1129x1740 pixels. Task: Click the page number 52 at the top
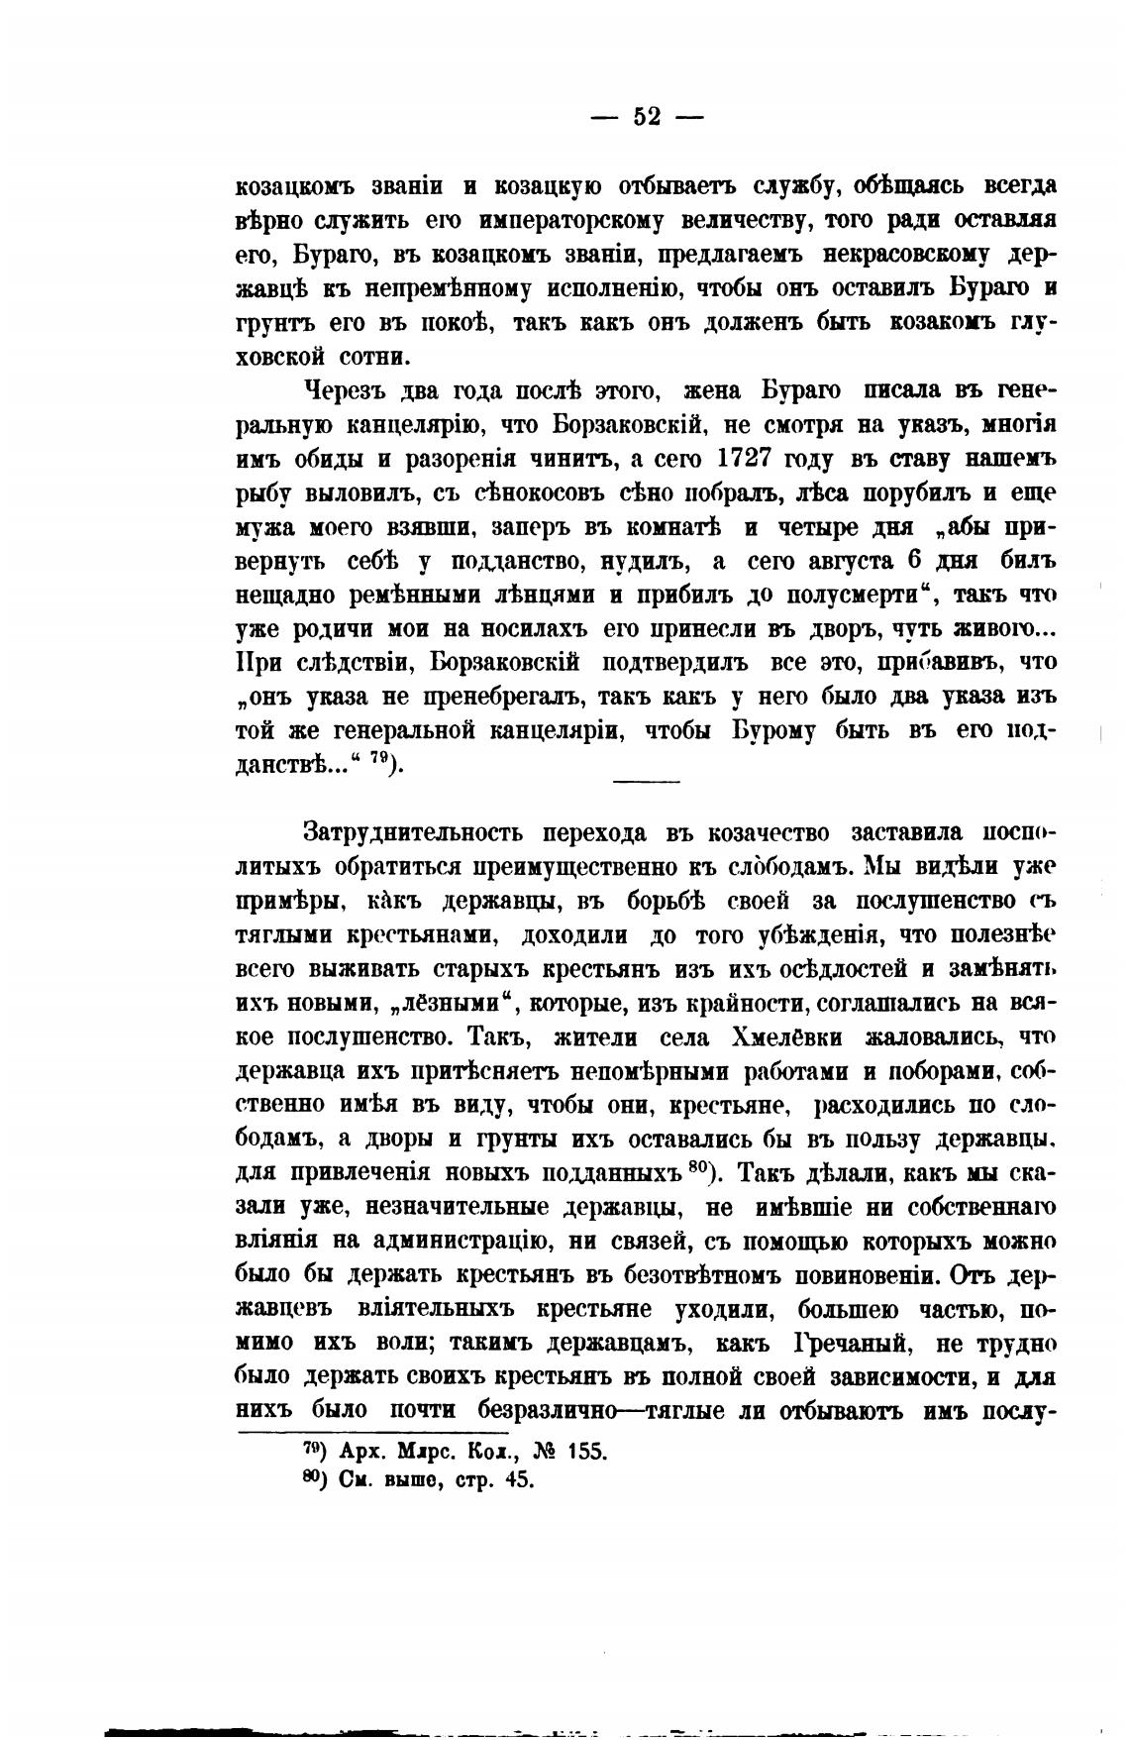[647, 117]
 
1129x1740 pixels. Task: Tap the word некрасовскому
[894, 254]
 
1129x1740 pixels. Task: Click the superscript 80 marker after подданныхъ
[695, 1167]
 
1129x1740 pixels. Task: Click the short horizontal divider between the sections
[647, 782]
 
